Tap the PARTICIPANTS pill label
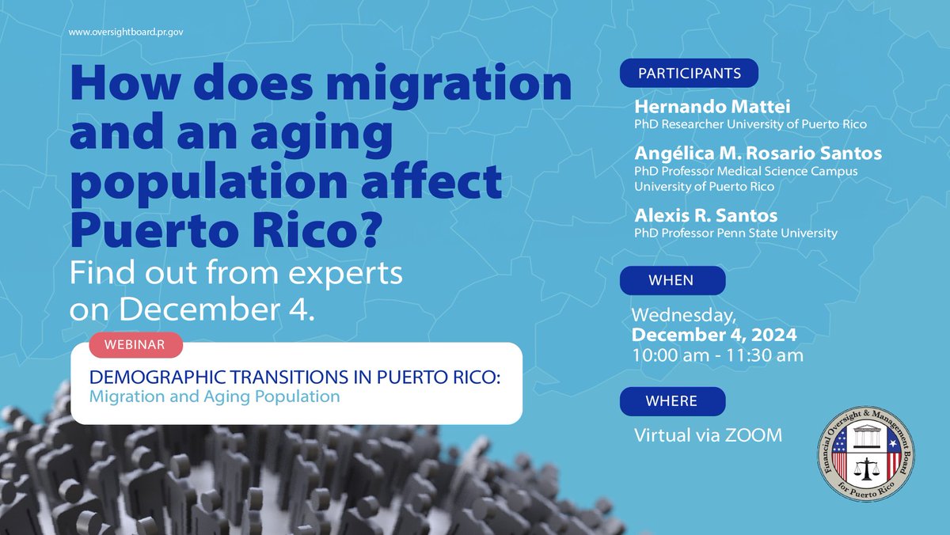pos(690,74)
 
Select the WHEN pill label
pos(671,280)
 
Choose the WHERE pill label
pos(672,400)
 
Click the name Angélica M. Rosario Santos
pos(758,153)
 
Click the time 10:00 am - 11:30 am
pos(717,355)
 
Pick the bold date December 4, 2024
pos(713,335)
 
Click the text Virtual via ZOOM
pos(708,434)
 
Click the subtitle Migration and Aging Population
pos(215,396)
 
